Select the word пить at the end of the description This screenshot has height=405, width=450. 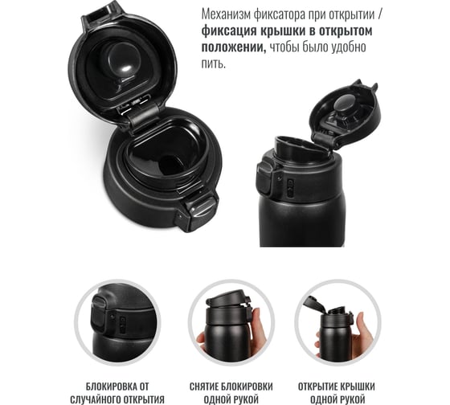213,63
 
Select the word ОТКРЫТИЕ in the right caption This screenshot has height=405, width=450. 317,387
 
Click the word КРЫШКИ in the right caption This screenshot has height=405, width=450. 358,387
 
